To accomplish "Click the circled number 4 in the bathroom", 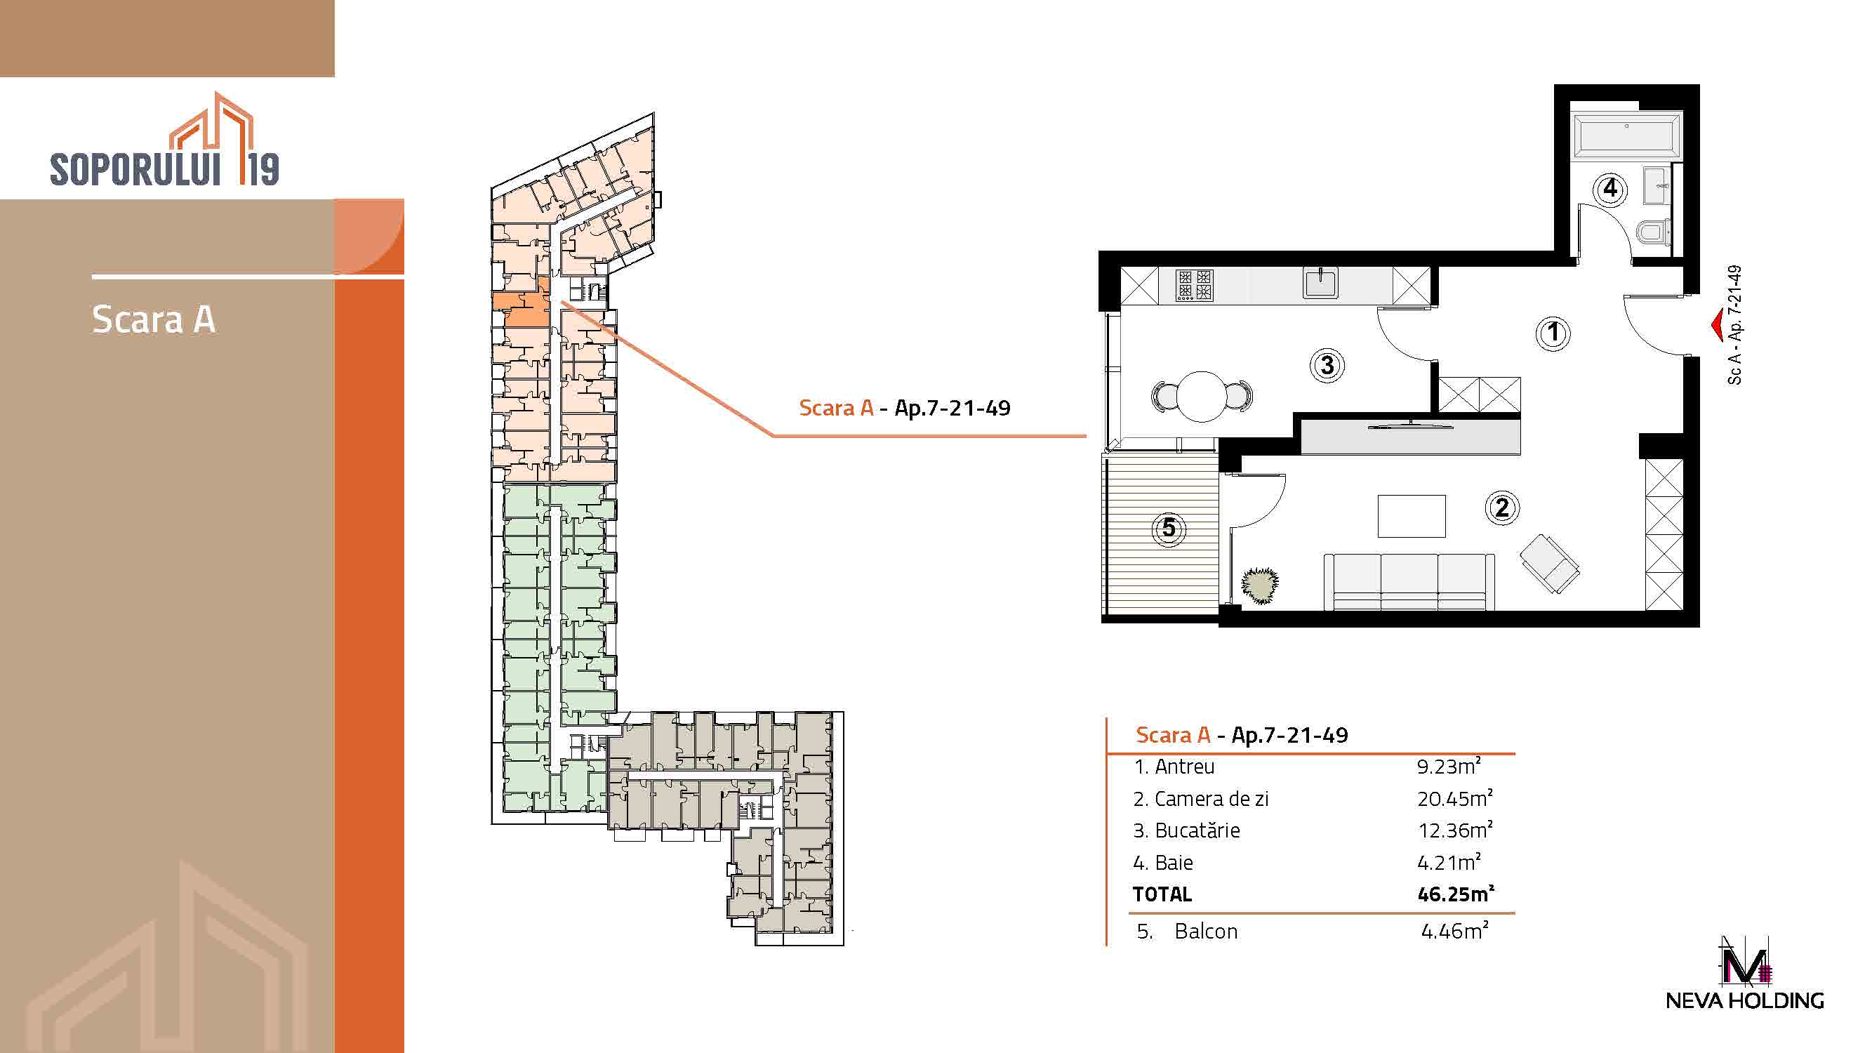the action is point(1610,189).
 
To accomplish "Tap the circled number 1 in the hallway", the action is point(1553,333).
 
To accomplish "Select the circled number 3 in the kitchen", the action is point(1327,365).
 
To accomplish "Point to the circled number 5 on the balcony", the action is point(1169,528).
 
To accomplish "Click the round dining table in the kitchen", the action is point(1202,397).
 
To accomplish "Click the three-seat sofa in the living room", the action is point(1409,581).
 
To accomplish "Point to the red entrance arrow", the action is point(1718,326).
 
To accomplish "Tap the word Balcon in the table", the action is point(1206,931).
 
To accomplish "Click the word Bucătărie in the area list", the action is point(1197,830).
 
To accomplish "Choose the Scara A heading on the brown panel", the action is point(153,319).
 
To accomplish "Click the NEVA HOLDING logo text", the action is point(1745,1000).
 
